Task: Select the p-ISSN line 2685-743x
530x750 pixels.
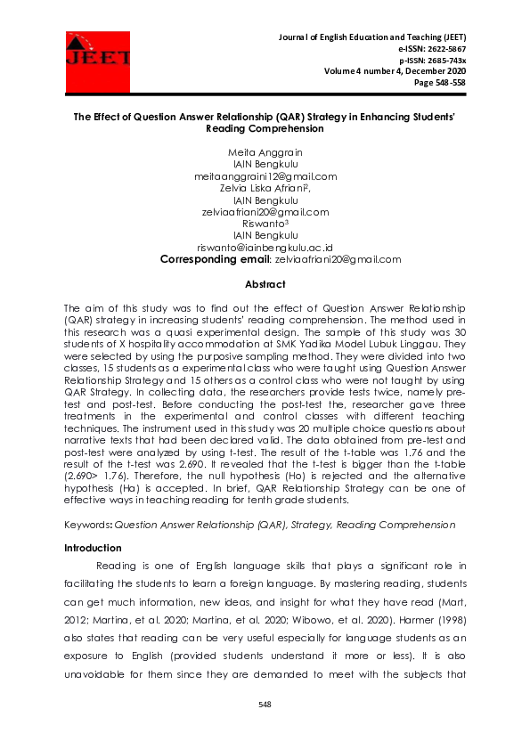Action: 433,60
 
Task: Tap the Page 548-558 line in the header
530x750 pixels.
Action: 440,83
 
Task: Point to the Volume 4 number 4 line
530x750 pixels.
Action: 395,71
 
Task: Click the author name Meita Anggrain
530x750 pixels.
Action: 265,152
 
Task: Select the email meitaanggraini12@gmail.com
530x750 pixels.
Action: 265,176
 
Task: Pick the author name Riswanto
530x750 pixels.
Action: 265,224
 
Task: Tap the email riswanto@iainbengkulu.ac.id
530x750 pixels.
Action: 265,248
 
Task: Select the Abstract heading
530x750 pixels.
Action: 265,284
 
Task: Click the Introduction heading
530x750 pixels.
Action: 93,548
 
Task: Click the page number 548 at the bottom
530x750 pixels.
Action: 265,705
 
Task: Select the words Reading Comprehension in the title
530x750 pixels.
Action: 265,128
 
